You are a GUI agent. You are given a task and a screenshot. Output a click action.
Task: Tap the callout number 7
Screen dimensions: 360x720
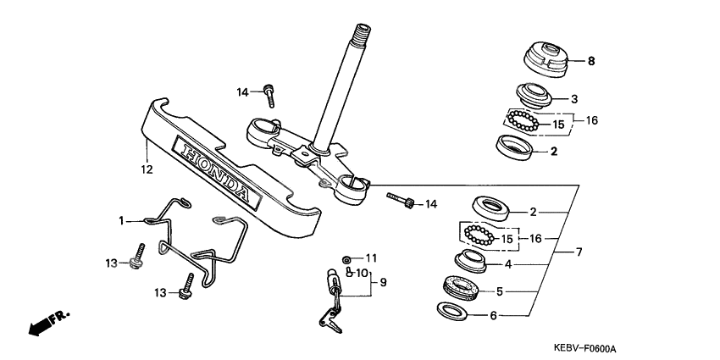579,252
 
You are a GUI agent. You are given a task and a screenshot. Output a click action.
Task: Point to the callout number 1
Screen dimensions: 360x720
121,220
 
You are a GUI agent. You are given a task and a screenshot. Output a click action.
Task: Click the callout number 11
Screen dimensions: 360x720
370,258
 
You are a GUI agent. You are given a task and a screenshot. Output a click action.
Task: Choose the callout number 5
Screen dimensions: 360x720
500,291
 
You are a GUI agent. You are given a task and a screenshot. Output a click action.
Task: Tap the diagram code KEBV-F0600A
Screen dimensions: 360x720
585,348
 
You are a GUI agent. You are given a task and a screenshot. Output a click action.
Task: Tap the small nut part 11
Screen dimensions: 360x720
346,258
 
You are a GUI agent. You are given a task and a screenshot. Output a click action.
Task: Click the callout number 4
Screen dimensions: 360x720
508,264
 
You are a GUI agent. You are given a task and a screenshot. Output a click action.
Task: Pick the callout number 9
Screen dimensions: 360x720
381,281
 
